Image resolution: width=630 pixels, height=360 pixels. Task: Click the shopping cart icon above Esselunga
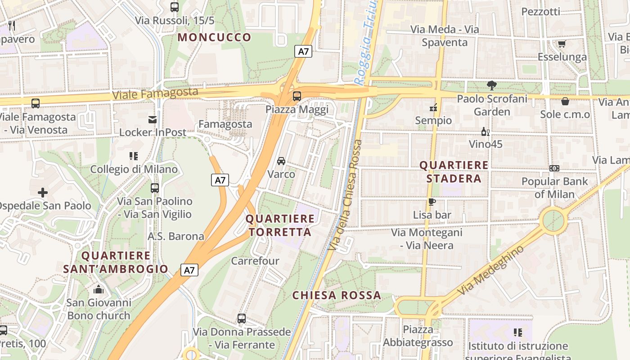562,44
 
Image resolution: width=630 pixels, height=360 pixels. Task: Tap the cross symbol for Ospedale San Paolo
43,193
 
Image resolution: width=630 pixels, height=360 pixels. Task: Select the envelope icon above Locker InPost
153,120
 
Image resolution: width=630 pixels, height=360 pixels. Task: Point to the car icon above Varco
281,161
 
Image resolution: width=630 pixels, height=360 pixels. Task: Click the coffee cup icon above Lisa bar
432,202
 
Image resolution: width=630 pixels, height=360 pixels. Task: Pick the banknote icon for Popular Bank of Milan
554,168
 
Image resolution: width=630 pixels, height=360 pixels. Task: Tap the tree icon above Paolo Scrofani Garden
492,85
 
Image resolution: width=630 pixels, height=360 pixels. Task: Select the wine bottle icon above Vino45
486,132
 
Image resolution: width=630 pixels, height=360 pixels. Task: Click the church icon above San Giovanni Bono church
99,289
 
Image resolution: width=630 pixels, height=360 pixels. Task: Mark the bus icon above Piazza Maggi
297,96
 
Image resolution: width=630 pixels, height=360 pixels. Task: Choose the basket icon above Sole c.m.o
565,101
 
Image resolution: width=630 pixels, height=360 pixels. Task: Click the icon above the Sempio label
433,108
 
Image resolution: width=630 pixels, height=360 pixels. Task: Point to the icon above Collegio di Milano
134,156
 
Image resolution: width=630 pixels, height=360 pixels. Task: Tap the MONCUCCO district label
214,37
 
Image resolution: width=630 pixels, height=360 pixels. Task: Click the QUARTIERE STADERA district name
454,172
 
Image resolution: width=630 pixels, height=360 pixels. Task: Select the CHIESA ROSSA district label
337,296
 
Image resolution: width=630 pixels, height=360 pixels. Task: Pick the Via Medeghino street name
491,270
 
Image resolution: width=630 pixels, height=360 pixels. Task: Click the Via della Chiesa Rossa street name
346,195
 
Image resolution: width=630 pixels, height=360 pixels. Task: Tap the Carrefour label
255,261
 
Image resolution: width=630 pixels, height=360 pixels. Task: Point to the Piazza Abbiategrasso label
418,336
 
